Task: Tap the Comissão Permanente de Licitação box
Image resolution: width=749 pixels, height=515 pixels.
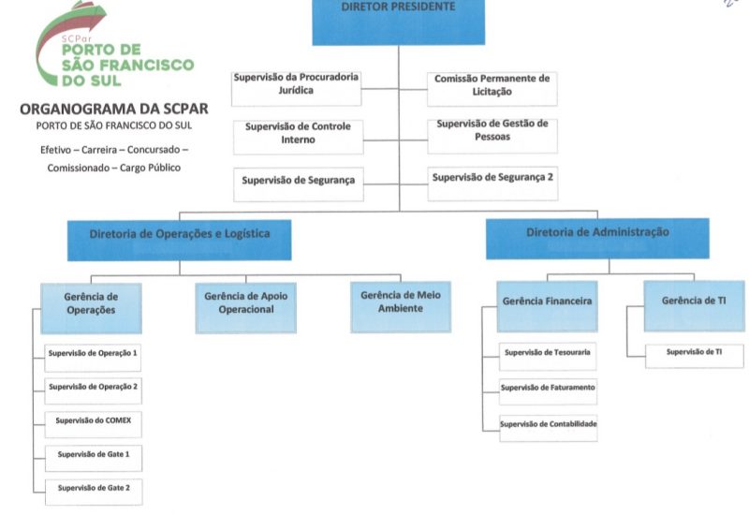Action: [x=492, y=85]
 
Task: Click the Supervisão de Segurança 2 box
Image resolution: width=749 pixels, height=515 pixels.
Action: [x=492, y=180]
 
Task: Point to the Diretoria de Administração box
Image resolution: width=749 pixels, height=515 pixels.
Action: [x=596, y=237]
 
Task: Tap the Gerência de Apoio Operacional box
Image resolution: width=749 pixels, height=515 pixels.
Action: [x=246, y=306]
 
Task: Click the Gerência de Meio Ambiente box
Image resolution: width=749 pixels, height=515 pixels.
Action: [x=400, y=305]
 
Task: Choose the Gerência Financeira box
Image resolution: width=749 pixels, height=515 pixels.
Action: [x=547, y=304]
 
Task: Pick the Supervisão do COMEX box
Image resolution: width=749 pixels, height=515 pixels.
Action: [x=93, y=421]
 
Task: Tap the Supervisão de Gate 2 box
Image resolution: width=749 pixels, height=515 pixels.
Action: [x=93, y=488]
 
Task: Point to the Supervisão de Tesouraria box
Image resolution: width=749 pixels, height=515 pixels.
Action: [x=547, y=354]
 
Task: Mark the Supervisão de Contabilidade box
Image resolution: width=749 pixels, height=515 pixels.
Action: [x=547, y=425]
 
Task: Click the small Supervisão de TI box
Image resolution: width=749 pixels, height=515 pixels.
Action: [x=693, y=353]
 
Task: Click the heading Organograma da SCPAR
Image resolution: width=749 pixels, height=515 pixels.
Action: [x=113, y=109]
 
